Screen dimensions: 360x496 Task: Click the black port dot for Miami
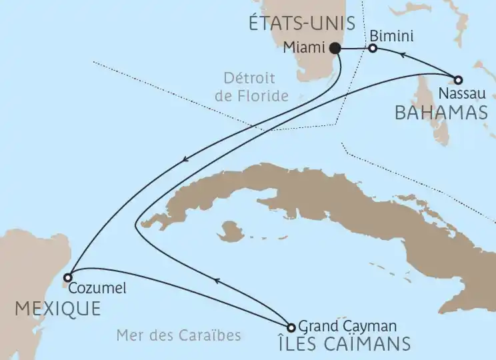point(335,48)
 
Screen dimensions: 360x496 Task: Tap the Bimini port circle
point(373,48)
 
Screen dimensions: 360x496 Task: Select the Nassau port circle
point(459,79)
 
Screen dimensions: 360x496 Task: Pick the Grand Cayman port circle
point(291,327)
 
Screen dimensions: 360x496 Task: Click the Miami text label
point(304,48)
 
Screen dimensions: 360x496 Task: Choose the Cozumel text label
point(97,289)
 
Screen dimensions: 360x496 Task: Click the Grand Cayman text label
point(347,326)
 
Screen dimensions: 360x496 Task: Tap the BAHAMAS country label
point(441,112)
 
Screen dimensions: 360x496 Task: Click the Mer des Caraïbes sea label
point(178,335)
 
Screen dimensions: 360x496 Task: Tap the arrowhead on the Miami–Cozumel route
point(187,158)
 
